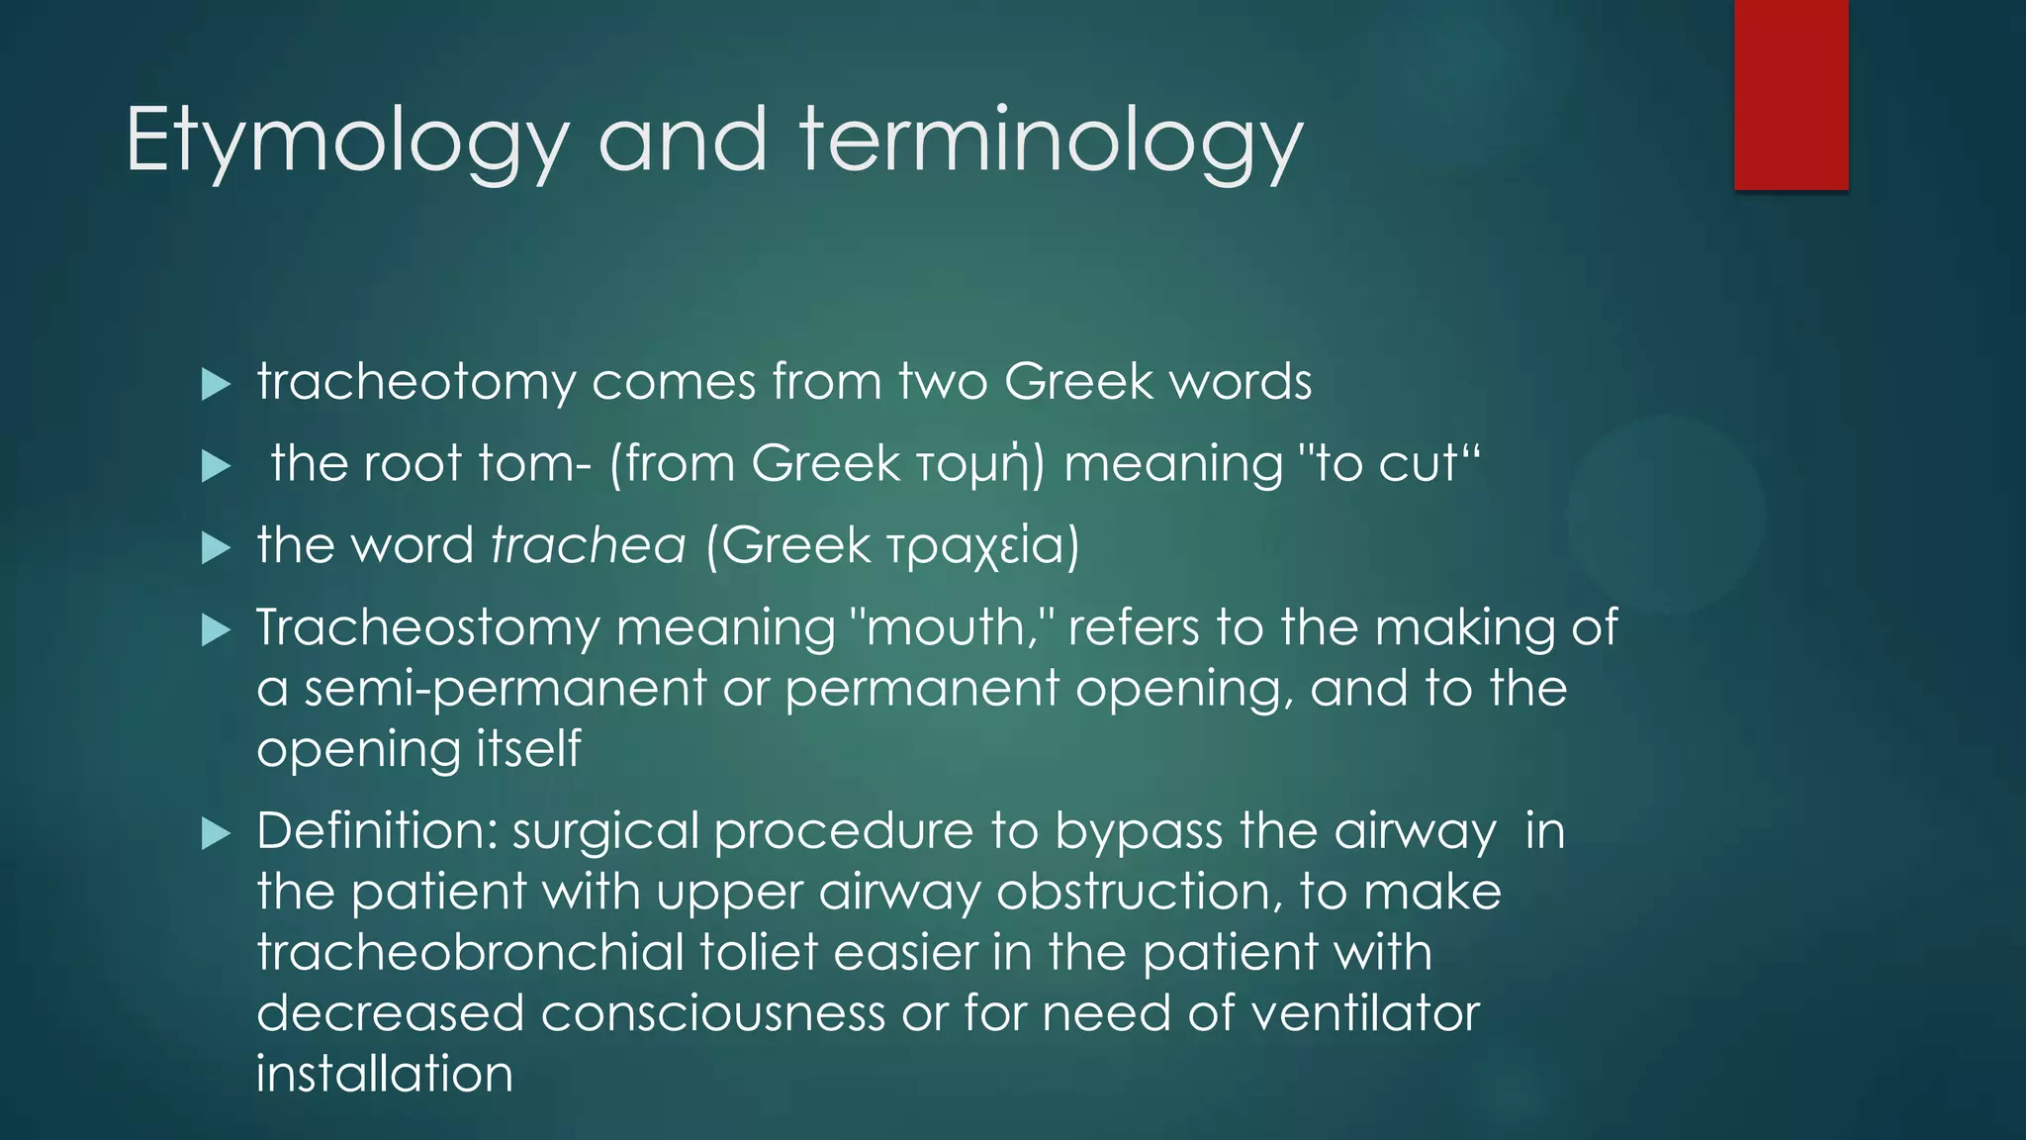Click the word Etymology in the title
point(347,141)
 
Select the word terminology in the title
point(1052,141)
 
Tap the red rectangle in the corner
point(1791,94)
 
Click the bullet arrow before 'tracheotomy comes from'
point(215,384)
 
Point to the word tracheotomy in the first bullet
point(415,383)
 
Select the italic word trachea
point(589,545)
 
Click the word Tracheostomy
point(427,628)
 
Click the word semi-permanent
point(505,689)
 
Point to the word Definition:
point(378,830)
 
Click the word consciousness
point(712,1013)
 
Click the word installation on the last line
point(385,1075)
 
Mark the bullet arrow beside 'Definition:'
point(215,833)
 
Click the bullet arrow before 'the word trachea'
point(215,547)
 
